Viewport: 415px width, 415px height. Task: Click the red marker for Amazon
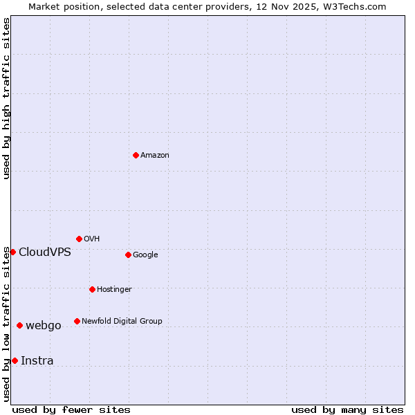point(136,155)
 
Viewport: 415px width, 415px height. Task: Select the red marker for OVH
point(79,239)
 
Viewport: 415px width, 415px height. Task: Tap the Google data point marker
point(128,255)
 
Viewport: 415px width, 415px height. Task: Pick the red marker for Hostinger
point(92,289)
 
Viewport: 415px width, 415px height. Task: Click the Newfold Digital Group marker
point(77,321)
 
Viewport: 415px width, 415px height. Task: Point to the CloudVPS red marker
point(12,252)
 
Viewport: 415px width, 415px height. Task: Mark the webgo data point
point(19,325)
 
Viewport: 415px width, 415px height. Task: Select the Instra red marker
point(15,360)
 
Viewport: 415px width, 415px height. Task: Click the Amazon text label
point(155,156)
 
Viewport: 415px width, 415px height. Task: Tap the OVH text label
point(92,239)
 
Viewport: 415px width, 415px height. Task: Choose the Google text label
point(145,255)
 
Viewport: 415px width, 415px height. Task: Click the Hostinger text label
point(114,290)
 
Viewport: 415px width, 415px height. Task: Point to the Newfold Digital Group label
point(122,322)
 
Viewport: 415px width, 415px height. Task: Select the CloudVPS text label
point(45,252)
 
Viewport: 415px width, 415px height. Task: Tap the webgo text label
point(44,326)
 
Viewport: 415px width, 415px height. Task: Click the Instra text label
point(37,361)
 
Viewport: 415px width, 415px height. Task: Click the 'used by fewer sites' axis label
point(71,409)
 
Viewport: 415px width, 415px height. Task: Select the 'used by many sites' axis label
point(347,409)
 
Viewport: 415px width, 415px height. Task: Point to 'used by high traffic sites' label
point(6,98)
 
